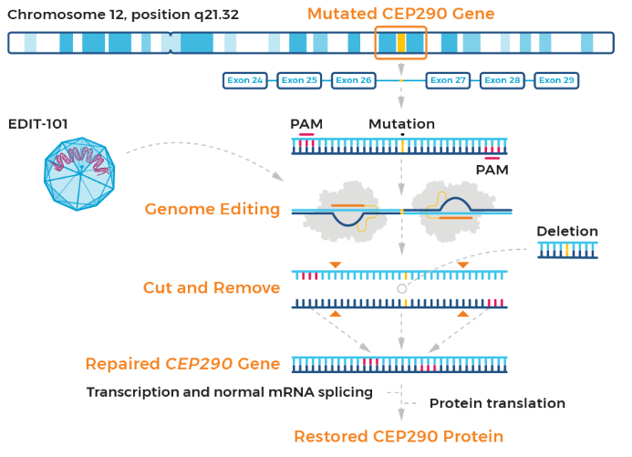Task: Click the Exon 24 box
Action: (245, 80)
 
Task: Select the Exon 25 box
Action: (299, 80)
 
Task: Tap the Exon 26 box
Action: (354, 80)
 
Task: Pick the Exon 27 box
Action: (448, 80)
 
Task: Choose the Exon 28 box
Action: (502, 80)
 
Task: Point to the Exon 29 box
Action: (556, 80)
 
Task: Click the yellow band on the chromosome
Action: (401, 43)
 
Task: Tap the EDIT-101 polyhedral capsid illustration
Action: (79, 173)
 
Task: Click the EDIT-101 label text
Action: (38, 124)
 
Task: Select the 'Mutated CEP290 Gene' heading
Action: (400, 14)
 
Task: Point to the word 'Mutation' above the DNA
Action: (401, 124)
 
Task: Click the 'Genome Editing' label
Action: (212, 209)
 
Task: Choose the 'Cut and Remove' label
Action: (212, 287)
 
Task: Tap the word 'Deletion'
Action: (567, 232)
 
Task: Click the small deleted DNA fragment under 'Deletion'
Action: (567, 250)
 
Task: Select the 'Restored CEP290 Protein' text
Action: (399, 436)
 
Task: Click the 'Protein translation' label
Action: (497, 403)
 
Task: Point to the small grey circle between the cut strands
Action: (402, 288)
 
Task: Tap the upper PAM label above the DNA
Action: (306, 124)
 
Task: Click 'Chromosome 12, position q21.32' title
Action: (123, 15)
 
